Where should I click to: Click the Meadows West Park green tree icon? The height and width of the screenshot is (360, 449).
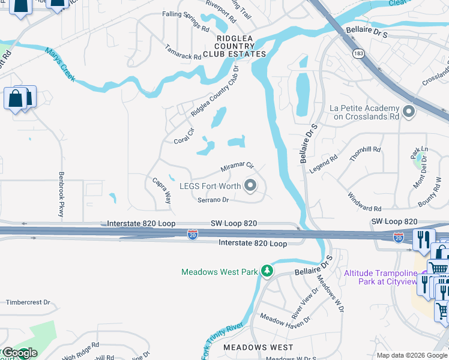(267, 272)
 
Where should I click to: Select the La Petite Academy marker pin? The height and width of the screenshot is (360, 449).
(409, 112)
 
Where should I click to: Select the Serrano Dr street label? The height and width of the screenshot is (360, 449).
(214, 200)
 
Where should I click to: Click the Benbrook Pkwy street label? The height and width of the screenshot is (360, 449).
(61, 194)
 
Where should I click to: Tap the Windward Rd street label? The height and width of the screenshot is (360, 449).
(364, 202)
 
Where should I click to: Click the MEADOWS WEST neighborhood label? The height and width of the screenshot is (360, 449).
(258, 347)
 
